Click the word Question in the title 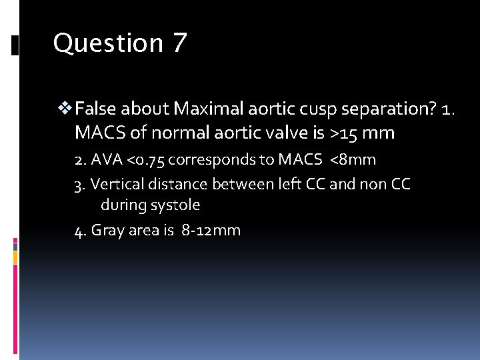(x=107, y=43)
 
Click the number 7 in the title (x=179, y=43)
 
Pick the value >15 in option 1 (x=345, y=133)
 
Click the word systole (x=175, y=205)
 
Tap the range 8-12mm (x=211, y=231)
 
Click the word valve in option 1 (x=281, y=133)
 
